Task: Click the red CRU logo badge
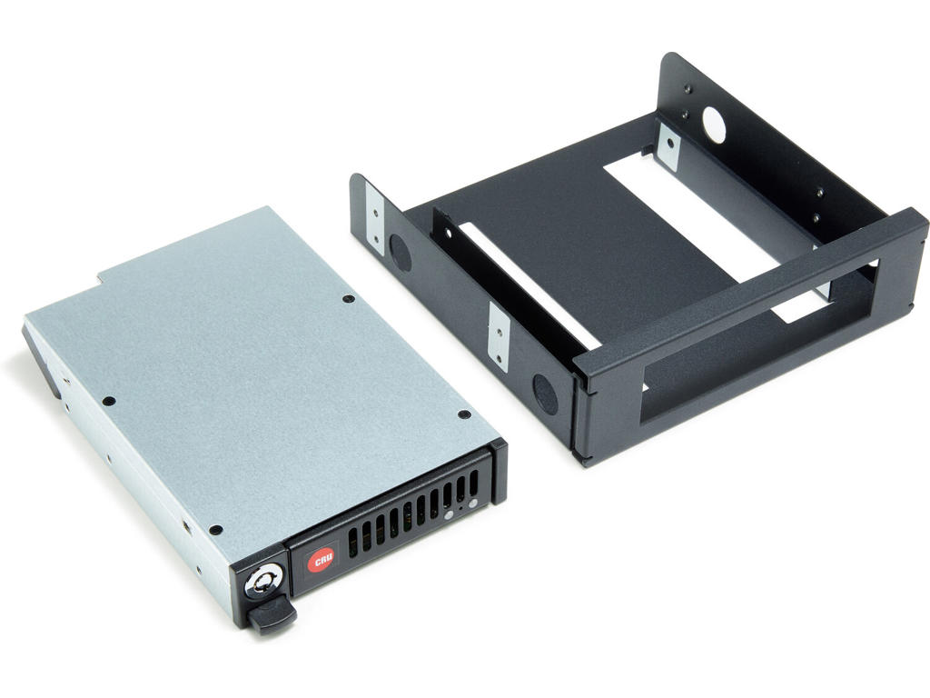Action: [x=320, y=560]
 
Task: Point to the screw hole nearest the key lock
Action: [x=215, y=530]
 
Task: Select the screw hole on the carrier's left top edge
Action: [x=108, y=401]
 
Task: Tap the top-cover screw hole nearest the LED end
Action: [x=464, y=414]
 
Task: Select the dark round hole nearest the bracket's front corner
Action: [x=544, y=394]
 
